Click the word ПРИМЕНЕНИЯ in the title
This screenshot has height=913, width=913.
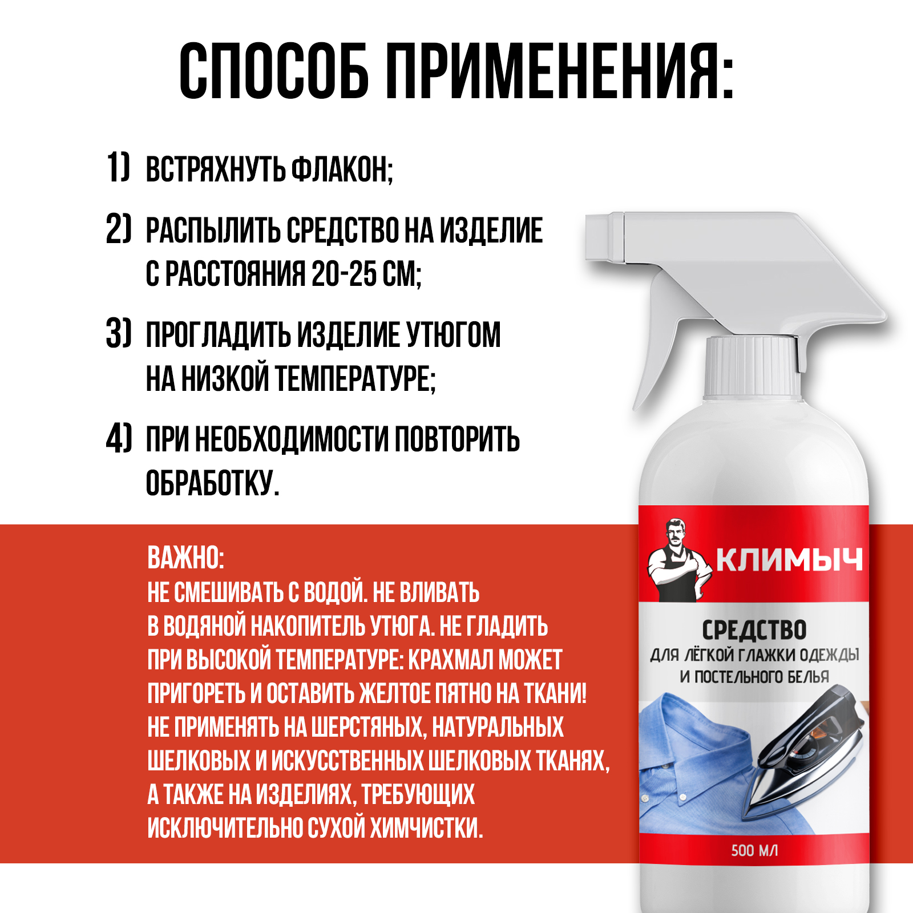559,72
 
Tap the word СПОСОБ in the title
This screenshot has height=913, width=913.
274,72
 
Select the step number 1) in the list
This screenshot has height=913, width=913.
119,167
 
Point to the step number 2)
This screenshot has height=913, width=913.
119,229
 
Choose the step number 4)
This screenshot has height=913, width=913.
119,438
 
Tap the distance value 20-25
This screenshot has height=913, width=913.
344,274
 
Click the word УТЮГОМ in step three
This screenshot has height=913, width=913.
454,334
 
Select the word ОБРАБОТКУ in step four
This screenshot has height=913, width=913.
212,483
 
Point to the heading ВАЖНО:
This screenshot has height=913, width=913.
186,558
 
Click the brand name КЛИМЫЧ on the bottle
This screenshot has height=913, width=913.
789,560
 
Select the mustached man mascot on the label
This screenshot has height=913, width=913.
679,560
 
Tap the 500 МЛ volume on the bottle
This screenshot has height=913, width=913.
754,851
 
